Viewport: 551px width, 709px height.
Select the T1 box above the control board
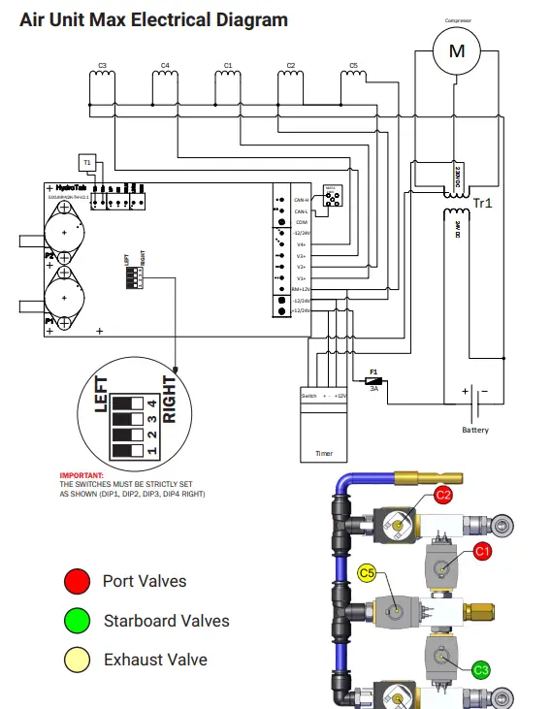(x=86, y=161)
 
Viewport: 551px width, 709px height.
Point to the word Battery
(x=475, y=430)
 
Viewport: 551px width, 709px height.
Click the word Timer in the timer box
(x=324, y=453)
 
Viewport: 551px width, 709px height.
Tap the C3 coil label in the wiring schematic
(x=102, y=66)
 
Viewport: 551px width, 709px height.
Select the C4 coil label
(x=165, y=66)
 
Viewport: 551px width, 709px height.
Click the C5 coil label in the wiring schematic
(x=353, y=66)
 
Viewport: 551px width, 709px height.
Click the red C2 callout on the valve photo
(x=443, y=495)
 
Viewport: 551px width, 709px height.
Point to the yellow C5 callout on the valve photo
(x=368, y=573)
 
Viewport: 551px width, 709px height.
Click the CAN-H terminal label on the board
(x=301, y=199)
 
